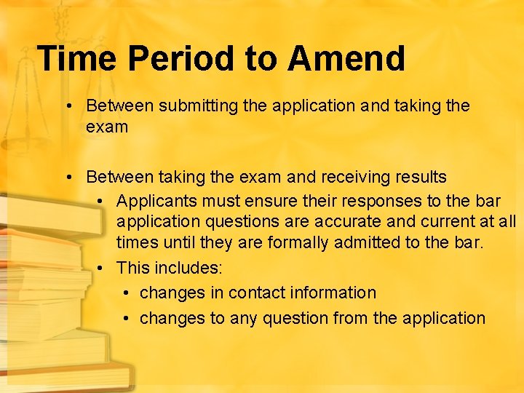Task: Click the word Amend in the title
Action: tap(346, 58)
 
